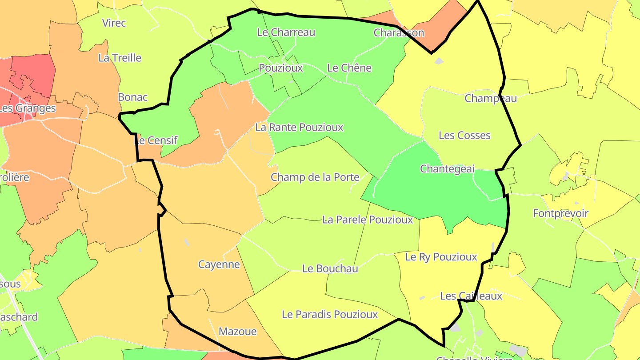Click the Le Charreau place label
[286, 32]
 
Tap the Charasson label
[399, 33]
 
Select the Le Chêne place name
[349, 68]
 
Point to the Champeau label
[491, 98]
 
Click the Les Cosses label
[464, 136]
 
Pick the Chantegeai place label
[447, 169]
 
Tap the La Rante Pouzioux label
[299, 128]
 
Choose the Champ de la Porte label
[315, 177]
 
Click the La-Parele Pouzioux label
[368, 220]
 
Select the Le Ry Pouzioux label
[441, 257]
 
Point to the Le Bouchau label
[330, 268]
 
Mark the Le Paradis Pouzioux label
[330, 315]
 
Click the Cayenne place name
[219, 264]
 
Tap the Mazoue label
[237, 332]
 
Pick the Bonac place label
[132, 97]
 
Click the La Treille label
[120, 58]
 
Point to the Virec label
[114, 23]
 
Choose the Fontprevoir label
[560, 214]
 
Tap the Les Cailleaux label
[471, 296]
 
